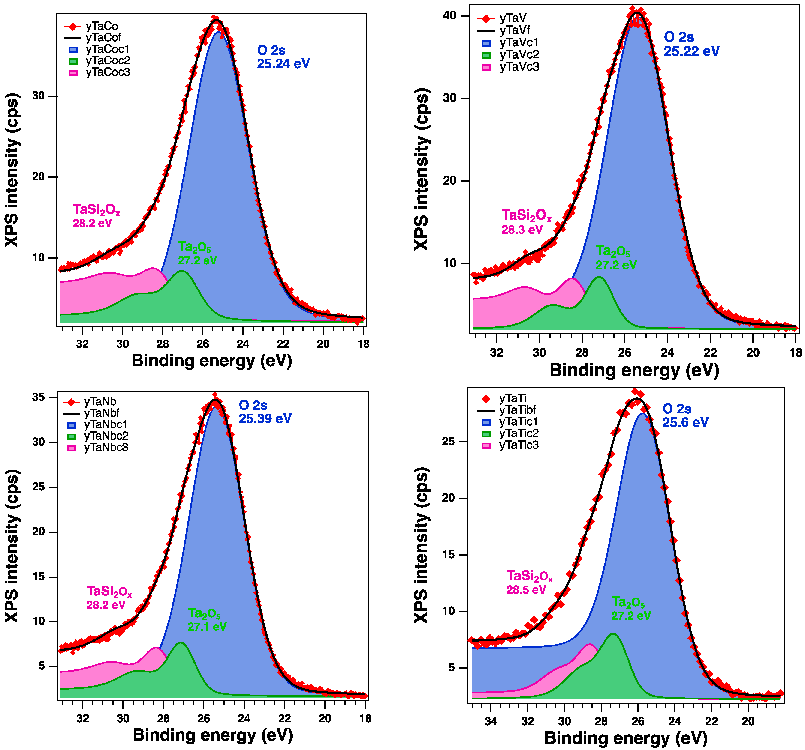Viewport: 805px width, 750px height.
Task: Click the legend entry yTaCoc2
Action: click(107, 61)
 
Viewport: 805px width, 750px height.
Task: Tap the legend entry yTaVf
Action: click(515, 30)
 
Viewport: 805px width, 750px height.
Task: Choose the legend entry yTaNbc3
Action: click(106, 448)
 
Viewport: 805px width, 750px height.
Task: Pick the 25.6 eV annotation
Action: click(685, 423)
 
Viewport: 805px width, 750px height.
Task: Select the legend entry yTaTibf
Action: click(518, 410)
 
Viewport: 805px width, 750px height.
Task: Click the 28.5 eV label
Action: click(526, 590)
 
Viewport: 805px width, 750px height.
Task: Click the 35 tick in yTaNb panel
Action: click(39, 397)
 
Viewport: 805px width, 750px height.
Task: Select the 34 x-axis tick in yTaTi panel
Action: click(491, 721)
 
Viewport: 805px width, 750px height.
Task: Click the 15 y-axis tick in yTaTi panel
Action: click(448, 555)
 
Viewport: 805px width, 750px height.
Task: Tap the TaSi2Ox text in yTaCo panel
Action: click(96, 210)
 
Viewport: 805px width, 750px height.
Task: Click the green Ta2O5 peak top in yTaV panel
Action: click(598, 277)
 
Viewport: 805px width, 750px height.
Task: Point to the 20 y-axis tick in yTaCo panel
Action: click(39, 177)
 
